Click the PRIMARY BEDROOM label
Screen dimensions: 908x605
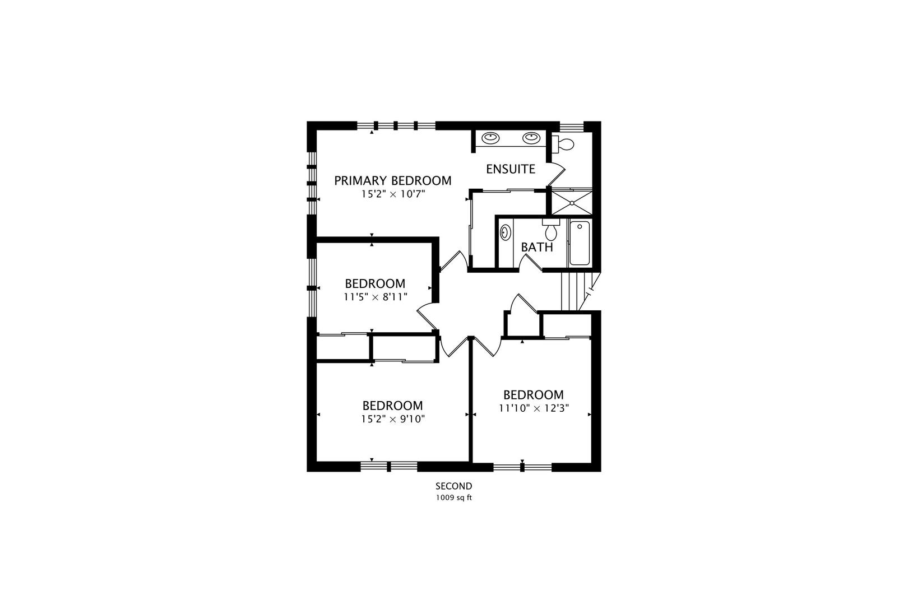point(392,181)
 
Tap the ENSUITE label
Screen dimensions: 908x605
point(511,169)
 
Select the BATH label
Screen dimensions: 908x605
point(537,247)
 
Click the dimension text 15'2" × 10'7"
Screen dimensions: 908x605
point(393,194)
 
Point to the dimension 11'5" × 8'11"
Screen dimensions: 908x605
point(375,297)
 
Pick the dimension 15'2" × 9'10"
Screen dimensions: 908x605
point(393,419)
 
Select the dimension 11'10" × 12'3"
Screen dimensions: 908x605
point(534,408)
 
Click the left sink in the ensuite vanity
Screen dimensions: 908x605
point(490,138)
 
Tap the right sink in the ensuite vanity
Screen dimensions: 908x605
point(531,138)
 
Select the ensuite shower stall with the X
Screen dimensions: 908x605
point(572,203)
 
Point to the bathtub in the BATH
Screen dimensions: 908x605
point(580,243)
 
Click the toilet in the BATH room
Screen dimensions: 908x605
point(551,230)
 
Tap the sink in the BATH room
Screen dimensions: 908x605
point(506,232)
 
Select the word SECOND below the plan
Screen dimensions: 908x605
point(453,486)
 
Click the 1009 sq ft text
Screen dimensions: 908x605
point(453,497)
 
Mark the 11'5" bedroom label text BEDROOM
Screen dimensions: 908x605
point(375,283)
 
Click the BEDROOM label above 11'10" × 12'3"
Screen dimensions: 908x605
point(534,395)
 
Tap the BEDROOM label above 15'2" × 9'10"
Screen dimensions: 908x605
point(392,406)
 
